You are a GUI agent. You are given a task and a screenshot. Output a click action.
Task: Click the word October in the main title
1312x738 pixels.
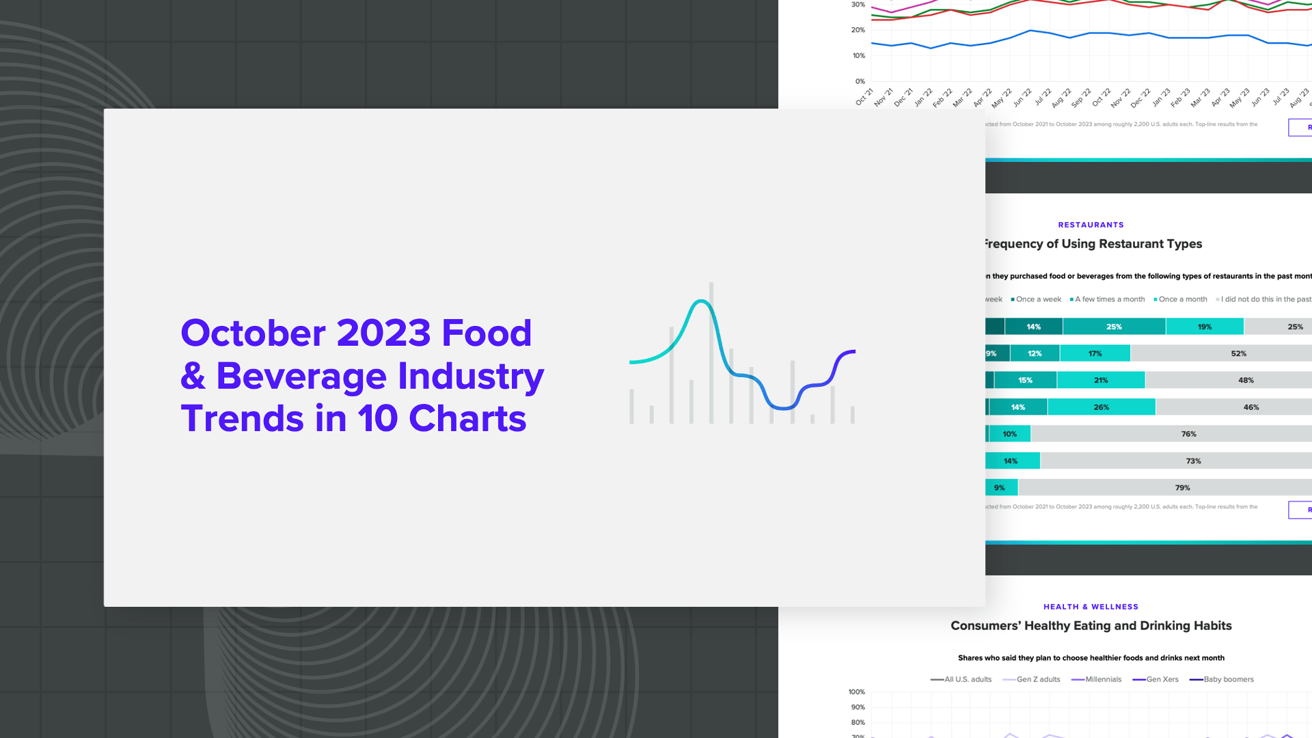point(253,333)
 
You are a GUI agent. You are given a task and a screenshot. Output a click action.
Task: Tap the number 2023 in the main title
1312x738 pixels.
point(383,333)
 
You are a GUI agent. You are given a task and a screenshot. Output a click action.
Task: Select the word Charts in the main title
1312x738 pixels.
point(467,419)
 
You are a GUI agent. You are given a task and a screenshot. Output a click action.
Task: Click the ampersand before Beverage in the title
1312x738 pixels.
point(193,377)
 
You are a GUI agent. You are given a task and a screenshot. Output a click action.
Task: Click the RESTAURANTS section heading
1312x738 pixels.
point(1091,225)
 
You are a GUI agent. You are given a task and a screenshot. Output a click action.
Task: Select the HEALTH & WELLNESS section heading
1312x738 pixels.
point(1091,607)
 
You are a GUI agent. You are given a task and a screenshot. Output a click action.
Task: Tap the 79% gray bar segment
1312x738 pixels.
point(1182,488)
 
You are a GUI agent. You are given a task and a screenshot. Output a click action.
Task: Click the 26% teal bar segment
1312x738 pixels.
point(1101,407)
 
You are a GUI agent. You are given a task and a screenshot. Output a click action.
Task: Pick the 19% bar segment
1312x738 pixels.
point(1204,327)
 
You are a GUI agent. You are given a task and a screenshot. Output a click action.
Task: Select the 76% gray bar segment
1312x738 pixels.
point(1188,434)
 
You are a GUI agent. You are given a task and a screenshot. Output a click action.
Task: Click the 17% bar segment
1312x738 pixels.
point(1095,353)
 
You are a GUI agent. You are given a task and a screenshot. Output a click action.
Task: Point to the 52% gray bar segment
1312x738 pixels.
point(1238,353)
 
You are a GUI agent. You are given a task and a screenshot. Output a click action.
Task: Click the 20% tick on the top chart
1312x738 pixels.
point(858,30)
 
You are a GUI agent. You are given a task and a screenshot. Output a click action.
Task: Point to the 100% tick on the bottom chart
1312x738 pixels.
point(856,692)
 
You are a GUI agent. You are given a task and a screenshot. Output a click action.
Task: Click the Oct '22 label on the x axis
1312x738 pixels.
point(1102,97)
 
